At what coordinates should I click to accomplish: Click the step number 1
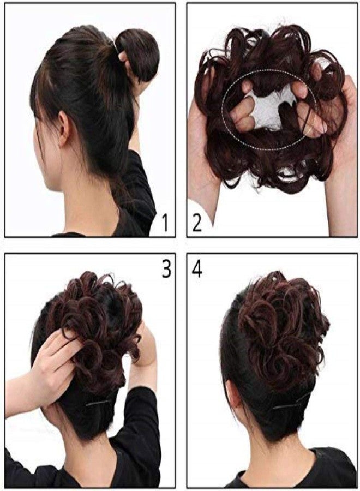click(x=164, y=223)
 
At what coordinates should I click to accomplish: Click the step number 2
click(x=197, y=223)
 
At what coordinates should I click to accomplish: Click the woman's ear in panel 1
click(x=64, y=128)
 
